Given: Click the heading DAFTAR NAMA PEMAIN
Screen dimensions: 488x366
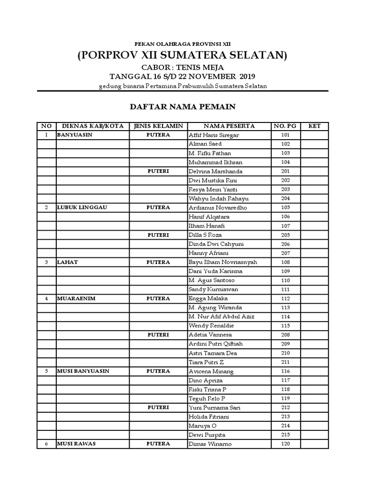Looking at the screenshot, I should pyautogui.click(x=183, y=107).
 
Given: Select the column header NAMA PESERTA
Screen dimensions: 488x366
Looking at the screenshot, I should pyautogui.click(x=229, y=126).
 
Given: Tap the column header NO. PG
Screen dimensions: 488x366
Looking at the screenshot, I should pyautogui.click(x=285, y=126).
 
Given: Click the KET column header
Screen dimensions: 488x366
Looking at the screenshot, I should pyautogui.click(x=315, y=126).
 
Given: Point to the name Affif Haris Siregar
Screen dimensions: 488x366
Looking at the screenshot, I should pyautogui.click(x=214, y=135).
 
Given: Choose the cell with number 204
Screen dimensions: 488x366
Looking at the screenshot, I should pyautogui.click(x=285, y=199).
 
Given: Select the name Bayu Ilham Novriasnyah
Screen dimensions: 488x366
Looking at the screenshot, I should pyautogui.click(x=223, y=262).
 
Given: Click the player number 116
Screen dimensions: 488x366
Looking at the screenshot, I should pyautogui.click(x=285, y=371).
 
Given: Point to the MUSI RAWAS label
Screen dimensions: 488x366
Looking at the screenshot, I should pyautogui.click(x=76, y=444).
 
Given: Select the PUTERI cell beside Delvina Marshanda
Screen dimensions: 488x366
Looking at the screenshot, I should pyautogui.click(x=158, y=172).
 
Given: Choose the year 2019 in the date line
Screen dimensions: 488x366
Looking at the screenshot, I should pyautogui.click(x=247, y=76).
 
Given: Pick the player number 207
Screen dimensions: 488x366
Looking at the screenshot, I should pyautogui.click(x=285, y=253).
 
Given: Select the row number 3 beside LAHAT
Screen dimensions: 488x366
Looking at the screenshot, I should pyautogui.click(x=46, y=262).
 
